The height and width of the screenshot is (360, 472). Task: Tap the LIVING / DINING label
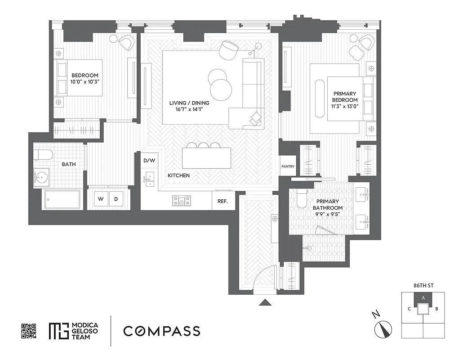189,103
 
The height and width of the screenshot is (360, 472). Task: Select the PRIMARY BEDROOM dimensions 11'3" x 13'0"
345,107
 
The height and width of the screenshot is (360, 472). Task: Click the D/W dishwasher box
149,160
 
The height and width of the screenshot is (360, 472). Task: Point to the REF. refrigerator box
223,202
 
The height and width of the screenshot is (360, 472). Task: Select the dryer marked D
116,199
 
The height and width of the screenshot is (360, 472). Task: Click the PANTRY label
288,166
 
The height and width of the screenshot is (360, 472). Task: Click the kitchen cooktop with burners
181,201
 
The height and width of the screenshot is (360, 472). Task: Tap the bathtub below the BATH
62,199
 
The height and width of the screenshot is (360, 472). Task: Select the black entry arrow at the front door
265,302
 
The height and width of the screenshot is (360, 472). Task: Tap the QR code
29,331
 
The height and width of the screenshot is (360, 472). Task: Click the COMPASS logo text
162,331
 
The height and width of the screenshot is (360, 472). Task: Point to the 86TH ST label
423,285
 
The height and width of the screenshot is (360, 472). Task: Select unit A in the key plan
423,297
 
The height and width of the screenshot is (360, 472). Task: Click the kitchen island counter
206,158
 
